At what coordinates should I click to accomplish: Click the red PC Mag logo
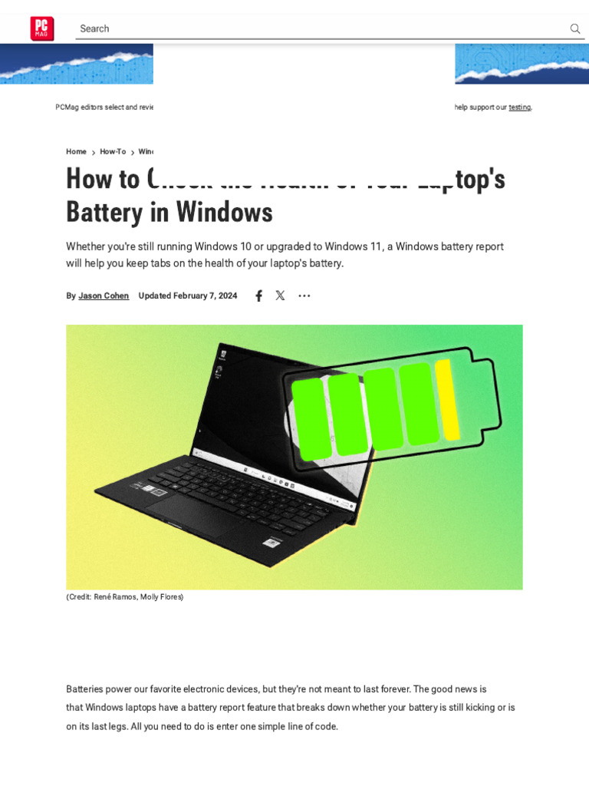[x=42, y=28]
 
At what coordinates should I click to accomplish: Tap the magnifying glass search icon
[x=575, y=28]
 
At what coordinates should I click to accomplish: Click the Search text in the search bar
[x=94, y=28]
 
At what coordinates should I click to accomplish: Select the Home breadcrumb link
[x=76, y=152]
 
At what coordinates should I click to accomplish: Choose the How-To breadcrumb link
[x=113, y=152]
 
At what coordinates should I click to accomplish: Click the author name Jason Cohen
[x=104, y=296]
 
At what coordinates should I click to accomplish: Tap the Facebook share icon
[x=258, y=296]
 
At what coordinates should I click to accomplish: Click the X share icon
[x=280, y=296]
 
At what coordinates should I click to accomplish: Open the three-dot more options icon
[x=304, y=296]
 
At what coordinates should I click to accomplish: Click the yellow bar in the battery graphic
[x=447, y=399]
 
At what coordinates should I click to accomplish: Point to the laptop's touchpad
[x=192, y=515]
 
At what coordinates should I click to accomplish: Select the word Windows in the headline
[x=234, y=212]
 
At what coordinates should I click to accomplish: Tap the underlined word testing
[x=519, y=107]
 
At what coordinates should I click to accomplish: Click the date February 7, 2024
[x=205, y=296]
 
